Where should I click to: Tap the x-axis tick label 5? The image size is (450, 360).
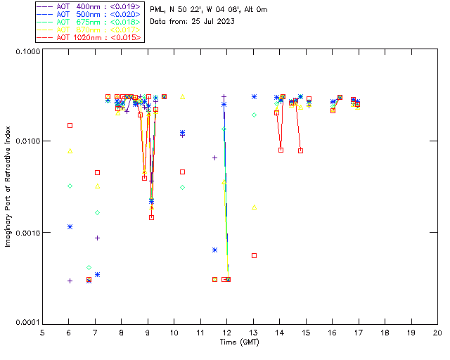42,332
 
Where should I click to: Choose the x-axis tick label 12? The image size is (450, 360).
226,332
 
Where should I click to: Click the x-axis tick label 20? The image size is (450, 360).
437,332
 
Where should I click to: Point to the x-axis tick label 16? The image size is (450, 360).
332,332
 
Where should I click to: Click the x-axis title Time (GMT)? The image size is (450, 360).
239,342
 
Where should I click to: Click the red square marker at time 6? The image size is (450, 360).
70,125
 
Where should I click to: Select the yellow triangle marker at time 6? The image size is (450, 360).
70,150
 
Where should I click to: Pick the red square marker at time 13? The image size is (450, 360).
254,255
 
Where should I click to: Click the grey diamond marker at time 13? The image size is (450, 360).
254,115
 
